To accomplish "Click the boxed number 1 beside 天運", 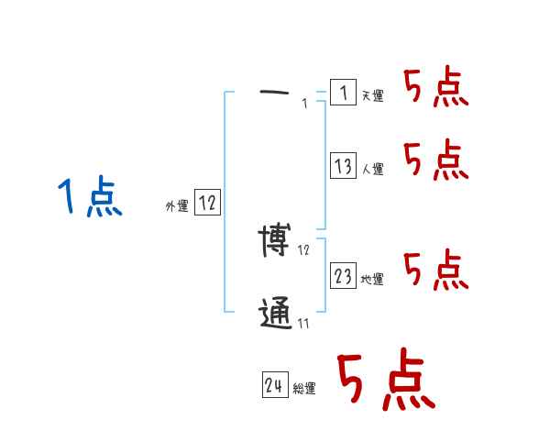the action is pos(342,93).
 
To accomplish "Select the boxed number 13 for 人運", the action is pos(343,166).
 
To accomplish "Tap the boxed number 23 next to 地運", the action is pos(343,276).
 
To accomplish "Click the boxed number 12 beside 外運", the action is pos(207,204).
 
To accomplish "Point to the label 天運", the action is pos(372,95).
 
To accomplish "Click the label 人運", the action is pos(372,169).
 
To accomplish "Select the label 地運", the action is pos(372,279).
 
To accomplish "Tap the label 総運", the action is pos(303,389).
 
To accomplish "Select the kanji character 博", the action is pos(275,241).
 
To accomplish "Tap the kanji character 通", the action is pos(275,315).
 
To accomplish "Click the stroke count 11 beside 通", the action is pos(303,323).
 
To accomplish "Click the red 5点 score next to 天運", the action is pos(435,88).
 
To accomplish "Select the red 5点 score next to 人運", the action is pos(435,161).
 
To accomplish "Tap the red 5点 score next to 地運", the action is pos(435,270).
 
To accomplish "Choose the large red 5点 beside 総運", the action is pos(384,381).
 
